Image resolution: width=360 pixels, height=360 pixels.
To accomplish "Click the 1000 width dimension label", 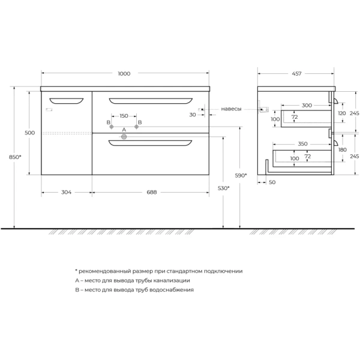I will click(124, 74).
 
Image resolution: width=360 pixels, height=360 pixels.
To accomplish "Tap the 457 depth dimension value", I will click(296, 74).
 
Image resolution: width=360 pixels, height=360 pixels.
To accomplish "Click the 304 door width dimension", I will click(66, 193).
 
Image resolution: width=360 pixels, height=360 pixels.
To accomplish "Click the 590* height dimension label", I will click(241, 175).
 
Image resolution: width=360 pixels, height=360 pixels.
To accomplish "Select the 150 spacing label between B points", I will click(124, 116).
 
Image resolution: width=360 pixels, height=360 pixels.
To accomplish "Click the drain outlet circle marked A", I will click(124, 137).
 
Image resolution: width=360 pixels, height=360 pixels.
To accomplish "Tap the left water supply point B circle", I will click(111, 127).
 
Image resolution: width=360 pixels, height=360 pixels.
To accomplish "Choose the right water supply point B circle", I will click(137, 127).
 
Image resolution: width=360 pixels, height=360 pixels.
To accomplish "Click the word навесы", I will click(231, 109).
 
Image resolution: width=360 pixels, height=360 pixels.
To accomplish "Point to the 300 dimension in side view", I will click(307, 105).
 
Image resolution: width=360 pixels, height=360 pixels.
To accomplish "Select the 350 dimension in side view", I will click(302, 144).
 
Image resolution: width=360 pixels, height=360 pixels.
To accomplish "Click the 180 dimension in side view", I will click(342, 150).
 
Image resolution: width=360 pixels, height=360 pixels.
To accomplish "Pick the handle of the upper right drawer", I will click(151, 100).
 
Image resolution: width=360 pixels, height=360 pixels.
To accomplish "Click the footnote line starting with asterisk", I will click(158, 271).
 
